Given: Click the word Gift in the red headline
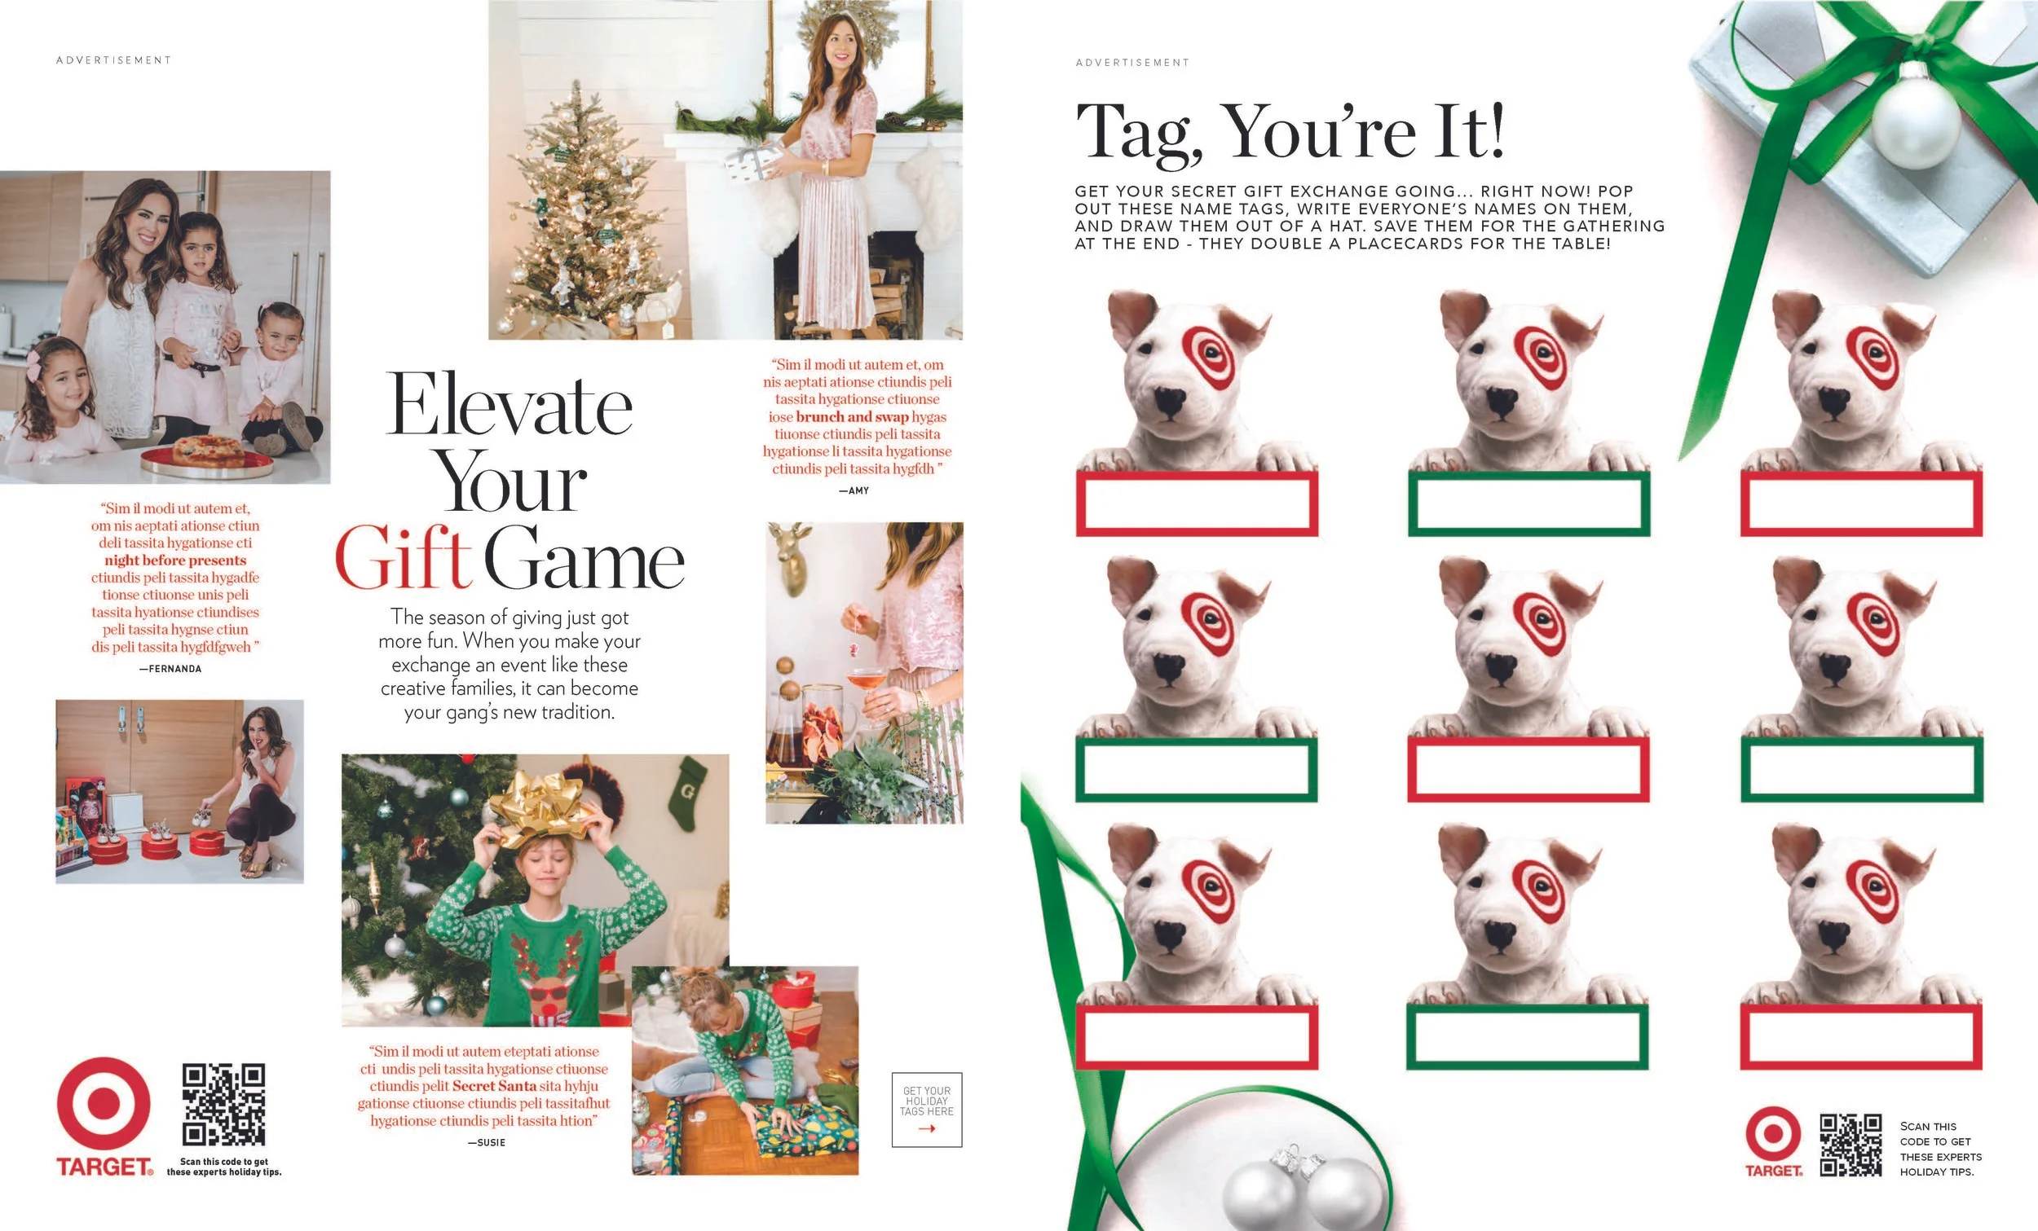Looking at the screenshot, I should click(403, 559).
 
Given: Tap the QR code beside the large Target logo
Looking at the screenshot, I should click(223, 1105).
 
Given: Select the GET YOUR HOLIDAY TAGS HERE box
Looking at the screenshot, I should click(926, 1110).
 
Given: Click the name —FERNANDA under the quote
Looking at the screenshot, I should click(170, 669).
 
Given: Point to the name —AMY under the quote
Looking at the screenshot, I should click(854, 491).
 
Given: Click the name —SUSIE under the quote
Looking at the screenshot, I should click(487, 1142).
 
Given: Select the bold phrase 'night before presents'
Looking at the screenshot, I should click(175, 561).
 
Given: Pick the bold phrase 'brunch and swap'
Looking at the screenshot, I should click(852, 416).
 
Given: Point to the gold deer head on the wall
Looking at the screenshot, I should click(792, 559).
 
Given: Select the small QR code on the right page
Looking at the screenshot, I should click(1851, 1145).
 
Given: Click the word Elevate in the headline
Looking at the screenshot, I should click(509, 405).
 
